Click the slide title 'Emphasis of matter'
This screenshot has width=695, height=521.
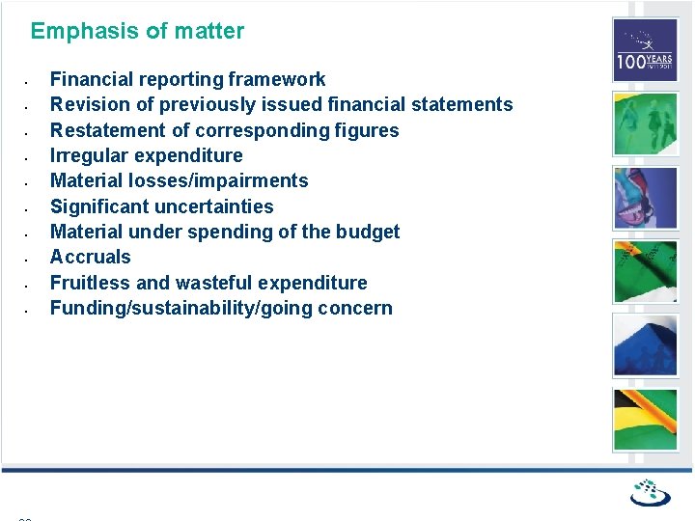point(137,31)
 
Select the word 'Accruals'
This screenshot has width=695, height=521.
point(90,257)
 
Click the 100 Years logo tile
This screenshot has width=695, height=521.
point(646,50)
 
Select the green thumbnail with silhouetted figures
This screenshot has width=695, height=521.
point(646,123)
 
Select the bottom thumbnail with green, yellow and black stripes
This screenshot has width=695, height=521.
point(646,419)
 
